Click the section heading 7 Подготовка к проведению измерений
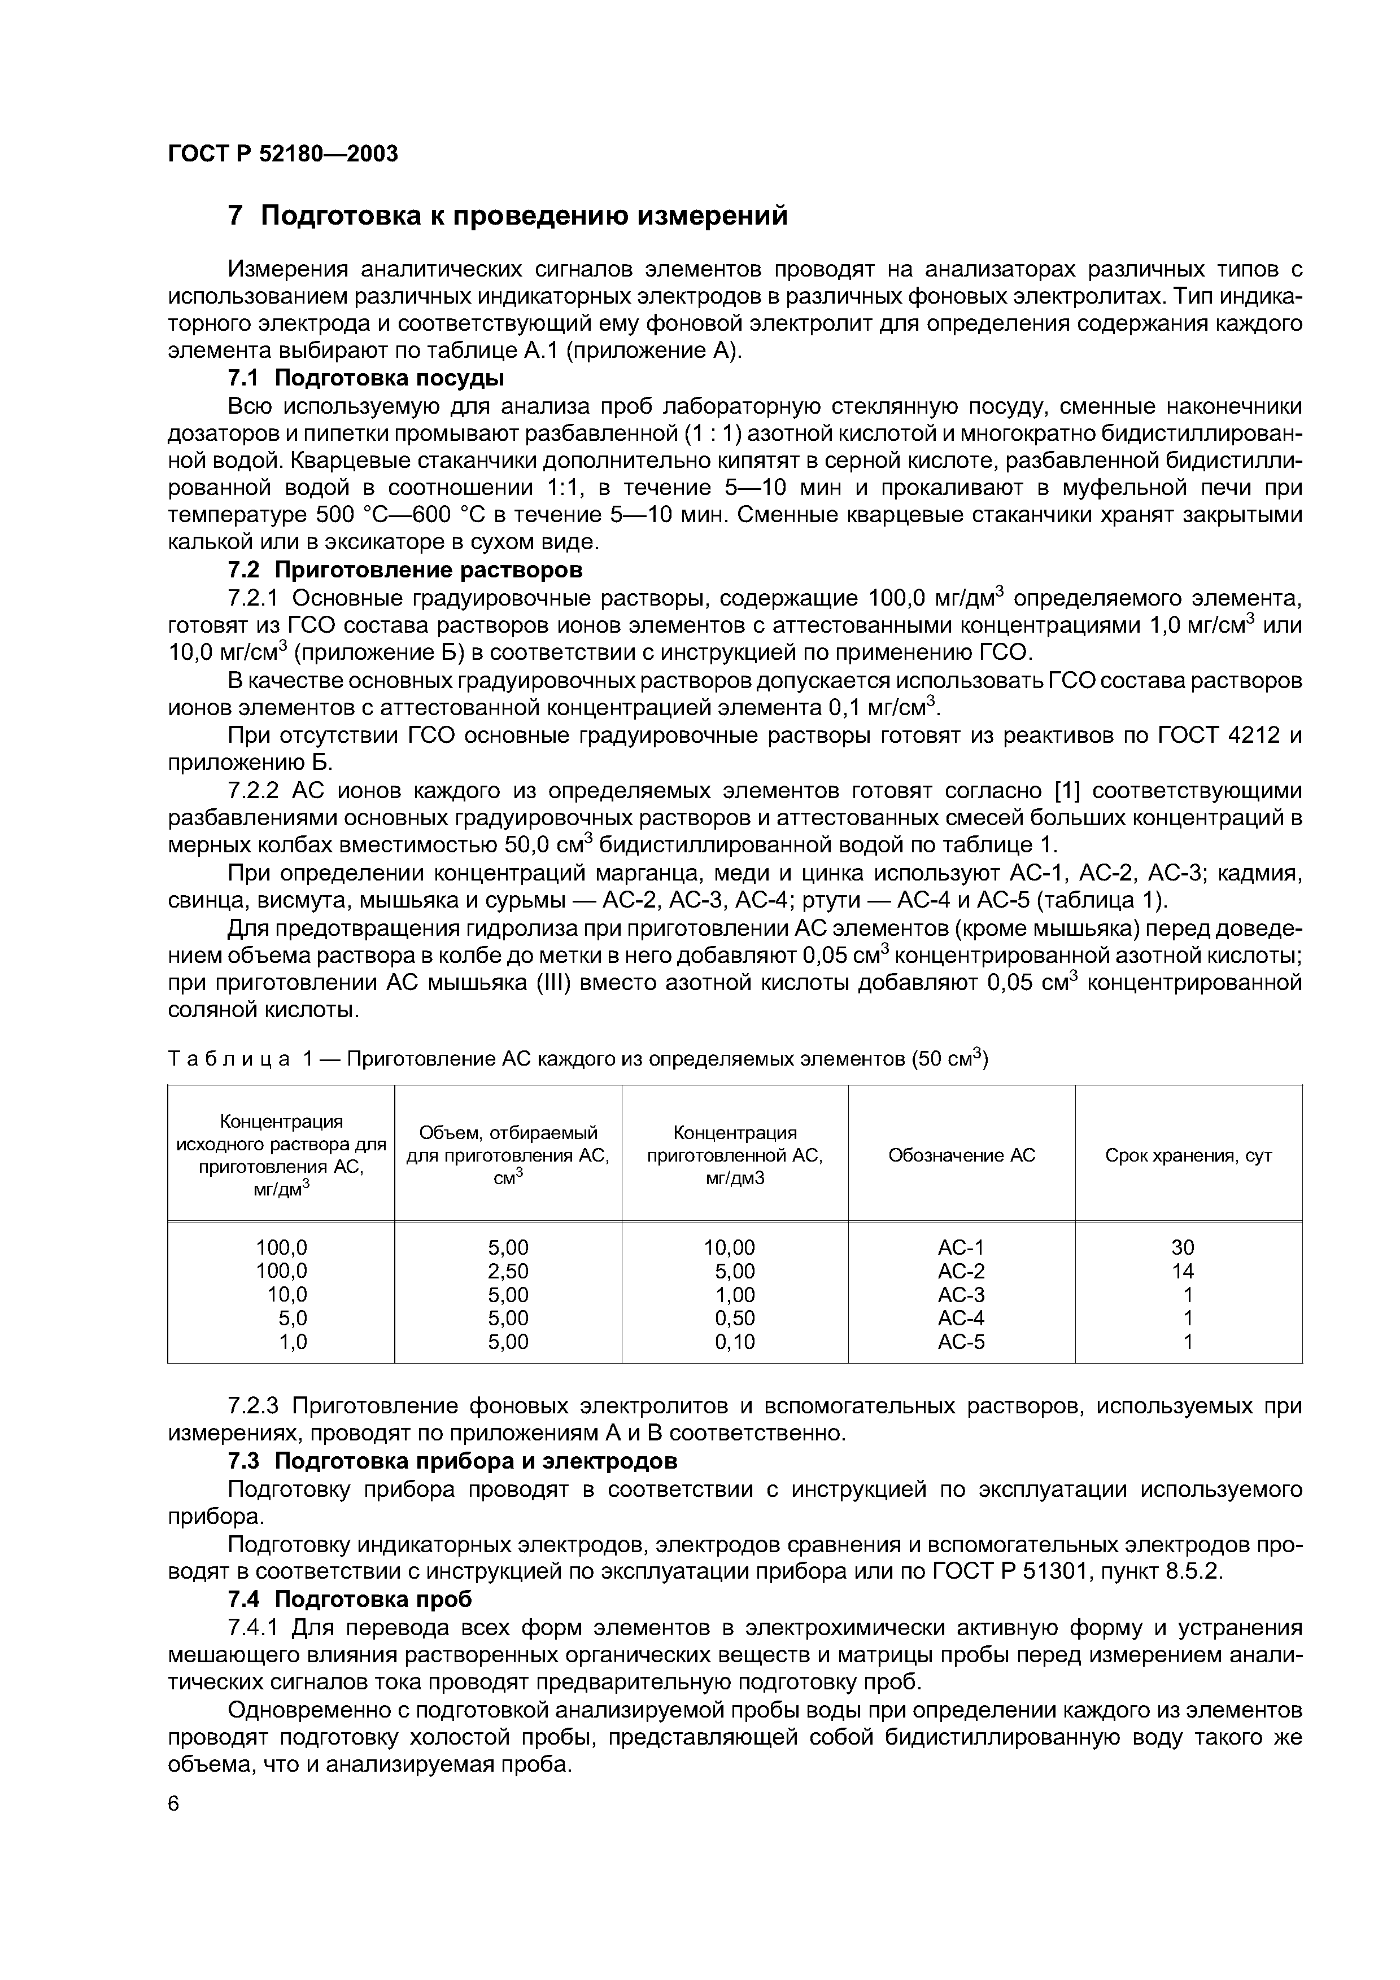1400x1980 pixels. pyautogui.click(x=507, y=214)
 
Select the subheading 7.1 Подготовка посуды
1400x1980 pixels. pyautogui.click(x=366, y=378)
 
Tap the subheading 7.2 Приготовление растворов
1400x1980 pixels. pyautogui.click(x=404, y=570)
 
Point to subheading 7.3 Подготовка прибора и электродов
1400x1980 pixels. pyautogui.click(x=452, y=1461)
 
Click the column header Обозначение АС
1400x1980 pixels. pyautogui.click(x=961, y=1155)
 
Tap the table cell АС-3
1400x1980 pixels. pyautogui.click(x=961, y=1294)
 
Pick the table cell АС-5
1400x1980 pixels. pyautogui.click(x=961, y=1342)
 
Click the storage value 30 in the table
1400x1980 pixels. pyautogui.click(x=1183, y=1247)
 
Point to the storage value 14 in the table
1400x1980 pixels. pyautogui.click(x=1183, y=1271)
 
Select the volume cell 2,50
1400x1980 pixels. pyautogui.click(x=508, y=1271)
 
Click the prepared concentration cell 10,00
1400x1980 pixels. pyautogui.click(x=730, y=1247)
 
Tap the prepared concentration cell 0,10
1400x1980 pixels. pyautogui.click(x=735, y=1342)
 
